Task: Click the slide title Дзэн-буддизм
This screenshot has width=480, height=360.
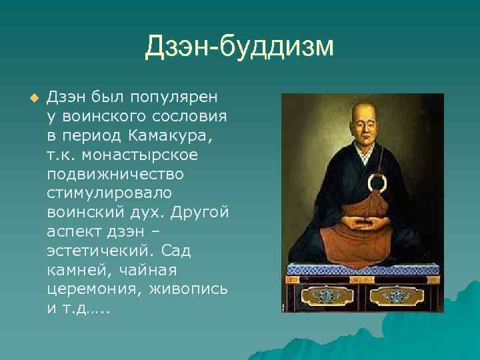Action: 239,47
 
